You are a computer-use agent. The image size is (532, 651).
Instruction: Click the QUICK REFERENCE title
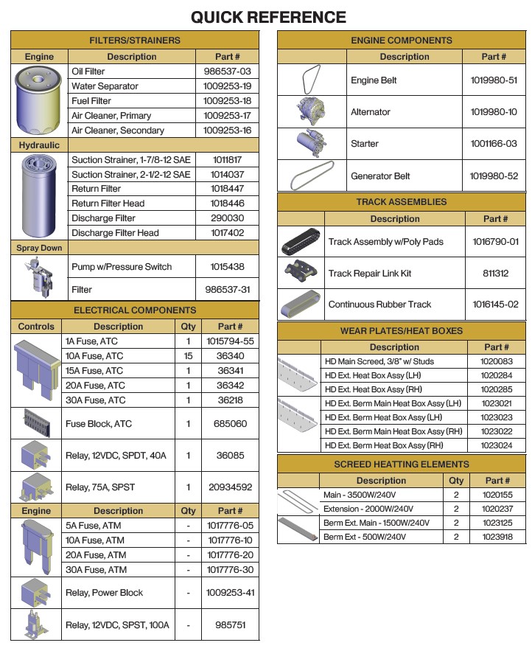pyautogui.click(x=268, y=17)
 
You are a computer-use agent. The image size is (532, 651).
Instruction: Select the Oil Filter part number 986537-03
pyautogui.click(x=227, y=72)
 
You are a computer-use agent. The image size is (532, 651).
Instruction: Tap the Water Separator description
pyautogui.click(x=105, y=86)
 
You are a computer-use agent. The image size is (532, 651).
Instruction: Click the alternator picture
pyautogui.click(x=312, y=111)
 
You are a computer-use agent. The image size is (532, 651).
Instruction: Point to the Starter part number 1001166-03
pyautogui.click(x=493, y=144)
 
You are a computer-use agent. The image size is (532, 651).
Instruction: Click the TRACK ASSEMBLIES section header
pyautogui.click(x=401, y=201)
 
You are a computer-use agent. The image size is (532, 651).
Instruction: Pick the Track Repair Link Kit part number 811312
pyautogui.click(x=495, y=273)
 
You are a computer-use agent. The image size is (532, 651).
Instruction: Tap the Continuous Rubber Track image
pyautogui.click(x=301, y=304)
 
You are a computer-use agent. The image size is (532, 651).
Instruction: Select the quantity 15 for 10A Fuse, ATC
pyautogui.click(x=188, y=356)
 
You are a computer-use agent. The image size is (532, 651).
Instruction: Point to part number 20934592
pyautogui.click(x=229, y=487)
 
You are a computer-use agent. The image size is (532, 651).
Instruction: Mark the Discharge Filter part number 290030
pyautogui.click(x=227, y=218)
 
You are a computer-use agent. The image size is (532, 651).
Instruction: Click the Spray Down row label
pyautogui.click(x=39, y=248)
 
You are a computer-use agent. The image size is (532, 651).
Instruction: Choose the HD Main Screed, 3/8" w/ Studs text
pyautogui.click(x=379, y=361)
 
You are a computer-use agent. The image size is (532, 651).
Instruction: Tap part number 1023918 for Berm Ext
pyautogui.click(x=497, y=537)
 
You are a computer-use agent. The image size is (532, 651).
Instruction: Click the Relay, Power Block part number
pyautogui.click(x=229, y=593)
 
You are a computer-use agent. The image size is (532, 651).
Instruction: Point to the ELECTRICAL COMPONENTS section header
pyautogui.click(x=135, y=310)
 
